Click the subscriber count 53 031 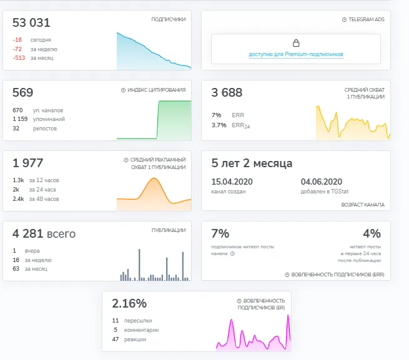tap(31, 22)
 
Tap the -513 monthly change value tap(19, 58)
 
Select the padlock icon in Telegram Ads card tap(296, 43)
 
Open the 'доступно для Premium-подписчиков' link tap(296, 54)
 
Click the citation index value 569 tap(22, 92)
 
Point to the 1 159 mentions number tap(20, 119)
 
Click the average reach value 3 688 tap(227, 92)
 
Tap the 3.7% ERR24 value tap(219, 125)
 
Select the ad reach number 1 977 tap(27, 163)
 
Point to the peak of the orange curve tap(154, 178)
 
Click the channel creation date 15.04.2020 tap(232, 182)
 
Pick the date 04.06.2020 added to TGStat tap(322, 182)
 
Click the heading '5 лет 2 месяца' tap(252, 163)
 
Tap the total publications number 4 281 tap(27, 233)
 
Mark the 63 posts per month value tap(16, 269)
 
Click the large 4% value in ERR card tap(372, 233)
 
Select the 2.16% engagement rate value tap(129, 303)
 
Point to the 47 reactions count tap(116, 339)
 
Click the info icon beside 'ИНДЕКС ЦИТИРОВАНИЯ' tap(123, 90)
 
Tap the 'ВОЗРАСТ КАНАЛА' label tap(363, 205)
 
